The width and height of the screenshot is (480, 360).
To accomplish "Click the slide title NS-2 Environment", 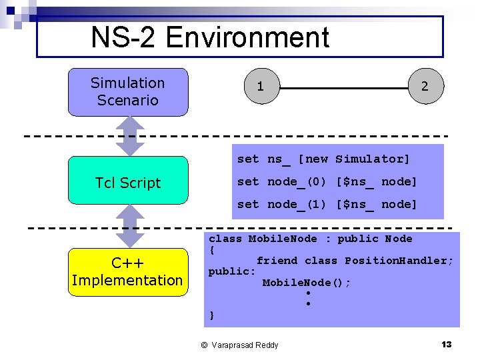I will pyautogui.click(x=210, y=37).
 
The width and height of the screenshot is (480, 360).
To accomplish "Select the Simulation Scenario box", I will pyautogui.click(x=128, y=92).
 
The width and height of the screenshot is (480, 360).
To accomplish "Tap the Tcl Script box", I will pyautogui.click(x=128, y=183).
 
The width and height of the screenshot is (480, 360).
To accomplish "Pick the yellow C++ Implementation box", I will pyautogui.click(x=127, y=271).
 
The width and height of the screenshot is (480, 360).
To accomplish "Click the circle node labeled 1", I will pyautogui.click(x=261, y=87).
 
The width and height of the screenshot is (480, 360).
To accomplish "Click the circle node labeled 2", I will pyautogui.click(x=425, y=87).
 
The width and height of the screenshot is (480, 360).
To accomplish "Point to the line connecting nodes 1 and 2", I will pyautogui.click(x=343, y=87).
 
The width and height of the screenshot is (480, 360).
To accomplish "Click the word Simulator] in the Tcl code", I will pyautogui.click(x=373, y=159).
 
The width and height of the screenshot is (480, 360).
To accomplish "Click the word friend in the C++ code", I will pyautogui.click(x=277, y=261).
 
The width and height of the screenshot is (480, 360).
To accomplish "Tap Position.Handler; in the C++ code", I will pyautogui.click(x=399, y=261).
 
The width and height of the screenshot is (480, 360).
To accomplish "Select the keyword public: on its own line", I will pyautogui.click(x=232, y=271).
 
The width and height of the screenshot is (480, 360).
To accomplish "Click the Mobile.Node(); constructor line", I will pyautogui.click(x=307, y=283).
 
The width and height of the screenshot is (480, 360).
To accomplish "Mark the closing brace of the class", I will pyautogui.click(x=212, y=315).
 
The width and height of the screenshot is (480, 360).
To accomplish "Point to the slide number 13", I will pyautogui.click(x=446, y=344).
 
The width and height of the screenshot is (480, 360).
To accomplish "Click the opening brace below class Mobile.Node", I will pyautogui.click(x=212, y=250).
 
